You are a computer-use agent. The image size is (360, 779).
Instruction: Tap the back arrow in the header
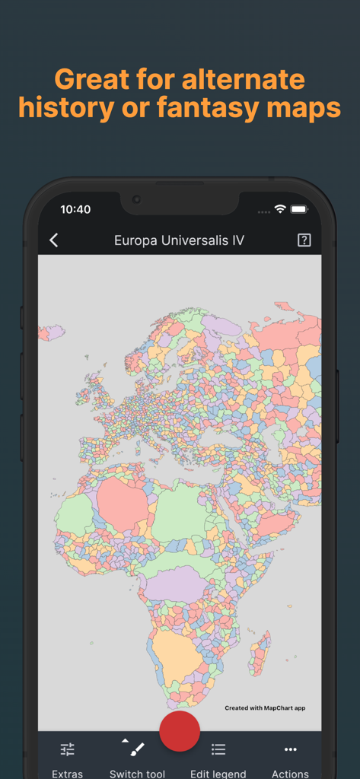tap(54, 240)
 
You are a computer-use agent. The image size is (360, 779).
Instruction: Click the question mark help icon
tap(304, 240)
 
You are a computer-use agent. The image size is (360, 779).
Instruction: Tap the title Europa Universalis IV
tap(179, 240)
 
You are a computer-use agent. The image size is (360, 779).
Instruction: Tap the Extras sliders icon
tap(68, 749)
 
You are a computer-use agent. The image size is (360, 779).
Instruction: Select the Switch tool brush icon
tap(137, 749)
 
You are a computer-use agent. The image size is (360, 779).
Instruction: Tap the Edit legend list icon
tap(218, 749)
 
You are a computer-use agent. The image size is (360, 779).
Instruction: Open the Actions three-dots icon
tap(290, 749)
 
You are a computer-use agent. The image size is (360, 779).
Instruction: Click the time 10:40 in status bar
tap(75, 209)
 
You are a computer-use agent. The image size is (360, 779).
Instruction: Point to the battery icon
tap(299, 209)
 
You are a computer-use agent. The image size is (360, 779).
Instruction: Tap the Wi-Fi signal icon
tap(280, 209)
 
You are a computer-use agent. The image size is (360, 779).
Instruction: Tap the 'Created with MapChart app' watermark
tap(265, 708)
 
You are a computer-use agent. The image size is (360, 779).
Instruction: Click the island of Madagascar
tap(259, 653)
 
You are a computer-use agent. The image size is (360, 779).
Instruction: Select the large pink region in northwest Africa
tap(122, 506)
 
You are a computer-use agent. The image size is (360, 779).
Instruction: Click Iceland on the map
tap(52, 332)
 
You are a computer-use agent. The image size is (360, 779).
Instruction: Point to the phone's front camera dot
tap(137, 199)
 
